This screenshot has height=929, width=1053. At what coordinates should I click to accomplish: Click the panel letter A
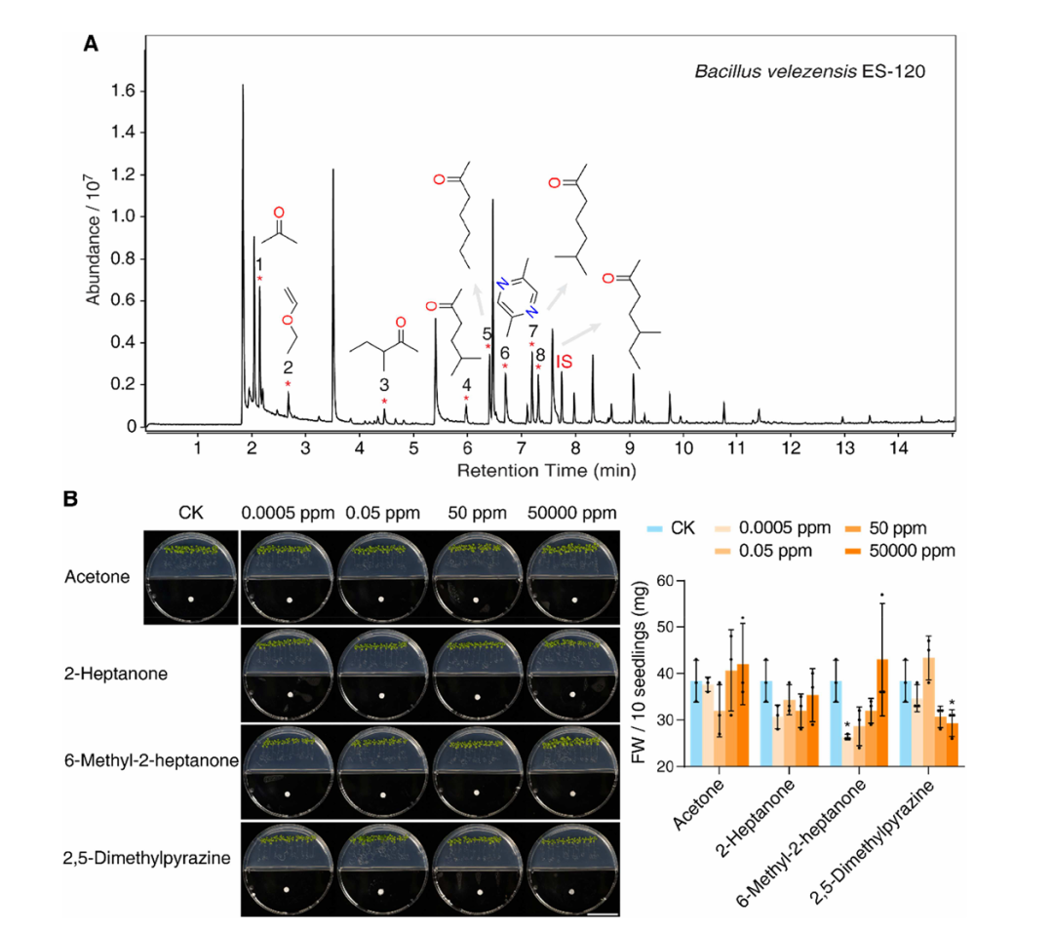click(91, 44)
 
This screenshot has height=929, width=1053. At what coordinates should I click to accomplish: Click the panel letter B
click(70, 499)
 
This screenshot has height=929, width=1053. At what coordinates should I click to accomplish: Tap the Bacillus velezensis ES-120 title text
click(810, 72)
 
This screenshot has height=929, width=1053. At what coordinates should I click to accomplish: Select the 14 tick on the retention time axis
click(899, 447)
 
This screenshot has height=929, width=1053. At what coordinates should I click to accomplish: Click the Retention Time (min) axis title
click(547, 471)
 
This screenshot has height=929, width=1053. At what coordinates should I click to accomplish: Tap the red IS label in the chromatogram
click(564, 362)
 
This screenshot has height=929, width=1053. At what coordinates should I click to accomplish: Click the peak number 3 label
click(384, 385)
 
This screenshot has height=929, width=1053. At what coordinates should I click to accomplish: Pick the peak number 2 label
click(288, 368)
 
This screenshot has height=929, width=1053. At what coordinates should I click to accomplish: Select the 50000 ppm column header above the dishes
click(571, 514)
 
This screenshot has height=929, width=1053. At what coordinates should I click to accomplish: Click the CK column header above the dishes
click(191, 513)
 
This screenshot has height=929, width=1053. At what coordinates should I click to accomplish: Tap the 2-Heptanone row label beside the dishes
click(115, 674)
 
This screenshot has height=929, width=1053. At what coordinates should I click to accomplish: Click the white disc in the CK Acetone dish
click(191, 599)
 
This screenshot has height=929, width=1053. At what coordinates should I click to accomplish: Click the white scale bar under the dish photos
click(603, 912)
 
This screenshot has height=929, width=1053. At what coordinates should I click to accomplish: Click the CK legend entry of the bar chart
click(671, 528)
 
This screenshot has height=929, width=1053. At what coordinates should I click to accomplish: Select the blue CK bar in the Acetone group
click(696, 723)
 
